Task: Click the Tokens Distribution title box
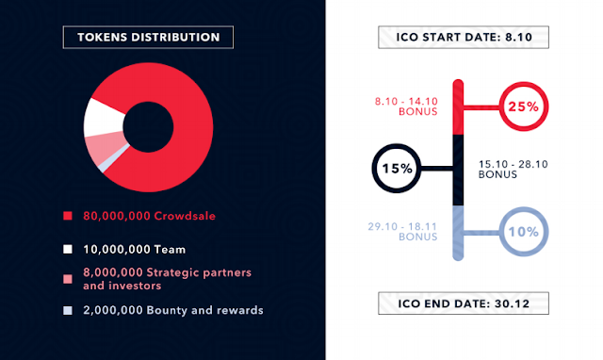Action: (x=148, y=37)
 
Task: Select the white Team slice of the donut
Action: (x=102, y=118)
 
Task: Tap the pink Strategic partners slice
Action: (x=104, y=148)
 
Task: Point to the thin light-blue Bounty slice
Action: (x=112, y=159)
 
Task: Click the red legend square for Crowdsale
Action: (x=68, y=216)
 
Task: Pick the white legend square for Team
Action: (x=68, y=249)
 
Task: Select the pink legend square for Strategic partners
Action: (x=68, y=279)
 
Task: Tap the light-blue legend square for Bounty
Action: (x=68, y=310)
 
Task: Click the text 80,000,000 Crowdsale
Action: (x=149, y=216)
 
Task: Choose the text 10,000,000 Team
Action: (x=134, y=250)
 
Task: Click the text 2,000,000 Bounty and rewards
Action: (x=173, y=310)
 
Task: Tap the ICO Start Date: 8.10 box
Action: (x=464, y=37)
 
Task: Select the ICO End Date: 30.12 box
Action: (x=464, y=303)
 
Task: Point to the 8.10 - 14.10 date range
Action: (x=406, y=101)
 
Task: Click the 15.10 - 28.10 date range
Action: (x=513, y=164)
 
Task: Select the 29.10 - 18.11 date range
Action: (x=402, y=226)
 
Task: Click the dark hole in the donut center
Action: (x=148, y=127)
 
